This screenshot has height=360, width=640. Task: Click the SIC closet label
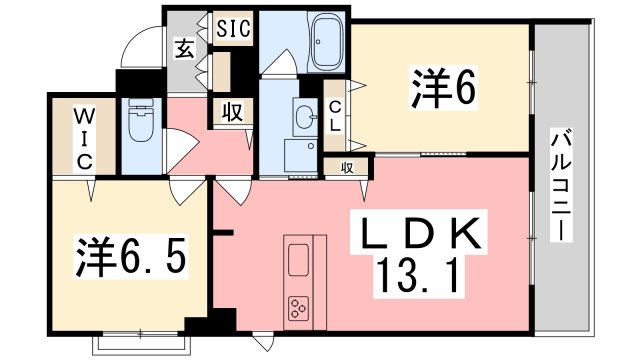(x=234, y=24)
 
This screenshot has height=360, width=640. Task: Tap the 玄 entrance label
(x=186, y=46)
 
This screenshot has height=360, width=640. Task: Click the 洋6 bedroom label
(x=440, y=88)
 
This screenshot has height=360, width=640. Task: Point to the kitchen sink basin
(x=299, y=261)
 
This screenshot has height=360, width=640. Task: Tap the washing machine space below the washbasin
(x=299, y=155)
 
